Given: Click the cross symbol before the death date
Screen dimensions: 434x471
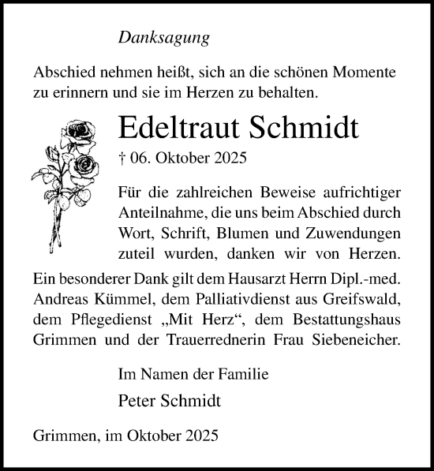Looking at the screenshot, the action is (x=120, y=157).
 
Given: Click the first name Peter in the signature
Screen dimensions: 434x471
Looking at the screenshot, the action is (x=135, y=400).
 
